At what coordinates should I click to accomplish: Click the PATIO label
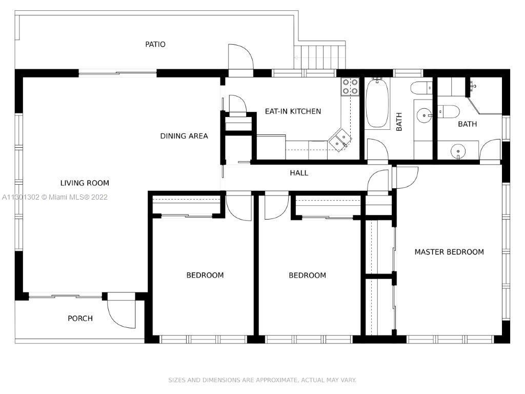[x=155, y=44]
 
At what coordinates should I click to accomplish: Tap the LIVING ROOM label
[x=85, y=183]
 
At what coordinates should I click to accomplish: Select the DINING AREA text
[x=184, y=136]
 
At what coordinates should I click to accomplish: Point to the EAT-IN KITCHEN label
[x=293, y=111]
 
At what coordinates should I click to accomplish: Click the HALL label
[x=299, y=173]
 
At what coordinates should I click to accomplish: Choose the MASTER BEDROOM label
[x=449, y=252]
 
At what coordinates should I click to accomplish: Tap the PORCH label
[x=80, y=318]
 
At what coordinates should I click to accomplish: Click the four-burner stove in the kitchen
[x=350, y=86]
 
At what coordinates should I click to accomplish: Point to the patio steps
[x=319, y=57]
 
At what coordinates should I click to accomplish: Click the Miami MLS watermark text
[x=54, y=197]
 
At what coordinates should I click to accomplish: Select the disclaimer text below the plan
[x=262, y=380]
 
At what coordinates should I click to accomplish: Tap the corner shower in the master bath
[x=485, y=96]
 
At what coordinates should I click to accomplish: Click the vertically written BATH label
[x=399, y=122]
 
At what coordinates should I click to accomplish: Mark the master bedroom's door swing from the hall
[x=406, y=178]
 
